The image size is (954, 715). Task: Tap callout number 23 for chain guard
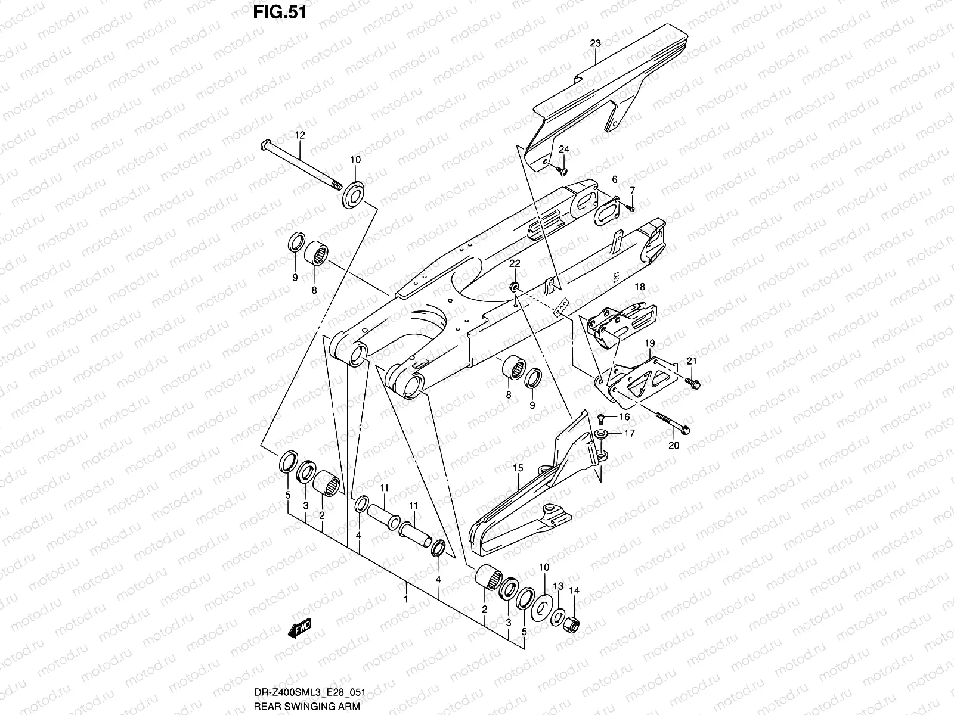(595, 43)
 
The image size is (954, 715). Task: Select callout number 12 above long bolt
(299, 136)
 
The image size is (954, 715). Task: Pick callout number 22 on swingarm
(515, 263)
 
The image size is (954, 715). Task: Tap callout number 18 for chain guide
(639, 287)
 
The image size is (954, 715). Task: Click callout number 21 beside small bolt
(691, 361)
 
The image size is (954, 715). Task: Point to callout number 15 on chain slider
(518, 469)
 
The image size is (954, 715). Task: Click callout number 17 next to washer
(629, 434)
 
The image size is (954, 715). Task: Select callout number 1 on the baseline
(406, 599)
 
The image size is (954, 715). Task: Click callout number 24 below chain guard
(564, 149)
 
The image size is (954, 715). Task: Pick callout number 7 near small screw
(633, 190)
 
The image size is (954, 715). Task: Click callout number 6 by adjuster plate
(614, 179)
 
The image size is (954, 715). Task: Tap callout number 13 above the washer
(558, 587)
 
